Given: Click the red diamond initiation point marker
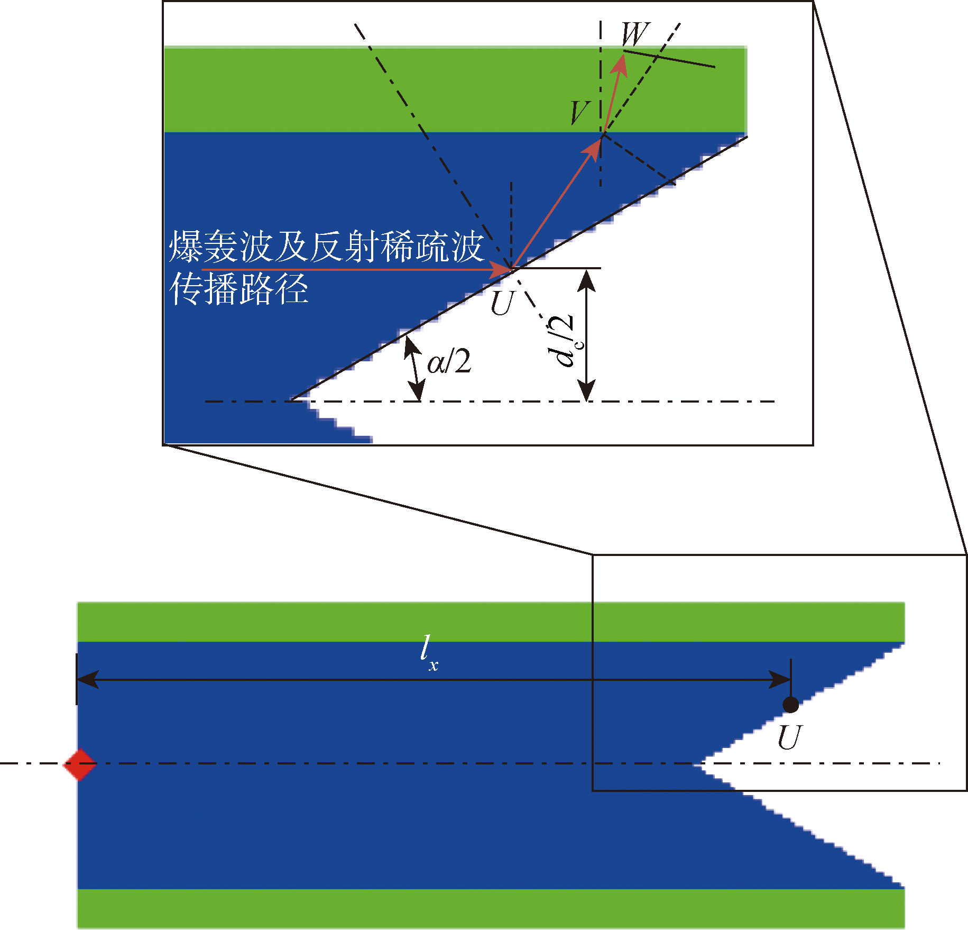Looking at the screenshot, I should (80, 764).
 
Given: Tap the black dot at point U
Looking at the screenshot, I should (790, 705).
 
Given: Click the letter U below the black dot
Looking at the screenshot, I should (790, 737).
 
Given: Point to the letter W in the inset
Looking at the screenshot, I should (634, 35).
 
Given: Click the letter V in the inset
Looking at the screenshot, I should (580, 113).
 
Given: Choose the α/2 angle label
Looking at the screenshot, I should (449, 363).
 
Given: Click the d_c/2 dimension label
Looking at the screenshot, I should (562, 341).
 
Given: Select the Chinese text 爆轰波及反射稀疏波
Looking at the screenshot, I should (326, 247).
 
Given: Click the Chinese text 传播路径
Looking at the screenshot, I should (239, 289).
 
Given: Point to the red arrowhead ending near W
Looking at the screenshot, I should (621, 63).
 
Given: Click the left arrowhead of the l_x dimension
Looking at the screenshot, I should (88, 680).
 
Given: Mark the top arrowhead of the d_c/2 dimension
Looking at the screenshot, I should (586, 279).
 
